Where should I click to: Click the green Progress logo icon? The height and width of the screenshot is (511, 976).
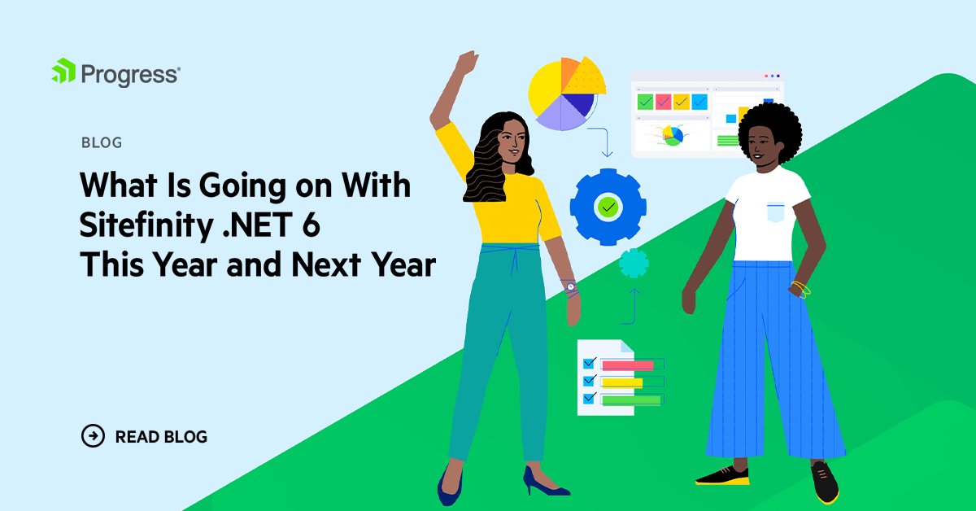coord(63,72)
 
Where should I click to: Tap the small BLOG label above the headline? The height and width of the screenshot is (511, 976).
coord(102,143)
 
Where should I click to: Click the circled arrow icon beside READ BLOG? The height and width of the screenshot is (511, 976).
coord(94,436)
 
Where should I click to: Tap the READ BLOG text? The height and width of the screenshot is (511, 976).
coord(161,437)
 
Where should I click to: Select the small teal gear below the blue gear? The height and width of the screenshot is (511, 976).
coord(634,264)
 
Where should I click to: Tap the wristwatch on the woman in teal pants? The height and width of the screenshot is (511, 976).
coord(571,286)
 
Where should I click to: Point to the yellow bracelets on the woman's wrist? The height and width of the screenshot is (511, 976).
coord(801,289)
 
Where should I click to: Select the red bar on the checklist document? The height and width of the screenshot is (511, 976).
coord(627,365)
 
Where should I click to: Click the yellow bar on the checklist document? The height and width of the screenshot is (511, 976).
coord(622,382)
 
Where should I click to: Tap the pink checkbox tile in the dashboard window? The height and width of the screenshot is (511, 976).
coord(663,102)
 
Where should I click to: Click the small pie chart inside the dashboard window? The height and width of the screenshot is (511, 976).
coord(672,135)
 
